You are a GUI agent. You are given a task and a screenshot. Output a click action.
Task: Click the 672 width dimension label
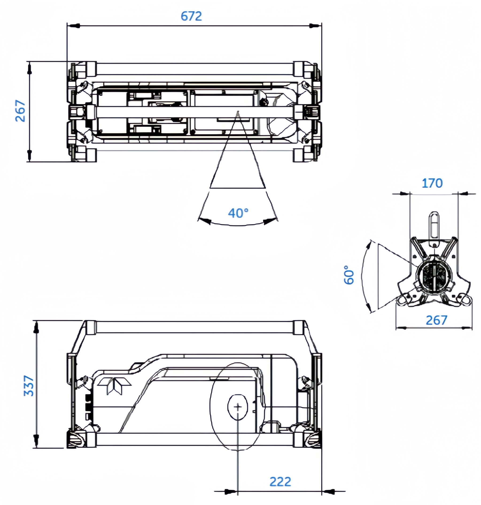tap(191, 16)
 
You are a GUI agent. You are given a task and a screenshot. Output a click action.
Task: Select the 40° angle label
tap(238, 213)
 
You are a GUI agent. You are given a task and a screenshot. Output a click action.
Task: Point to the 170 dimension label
tap(432, 183)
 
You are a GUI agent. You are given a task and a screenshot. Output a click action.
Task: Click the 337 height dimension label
tap(29, 386)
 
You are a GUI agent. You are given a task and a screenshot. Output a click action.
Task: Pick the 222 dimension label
tap(280, 482)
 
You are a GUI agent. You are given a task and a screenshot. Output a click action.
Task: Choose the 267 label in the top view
tap(20, 111)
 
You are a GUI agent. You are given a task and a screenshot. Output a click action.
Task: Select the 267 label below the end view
tap(436, 320)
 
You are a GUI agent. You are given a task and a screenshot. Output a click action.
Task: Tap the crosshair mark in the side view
tap(238, 407)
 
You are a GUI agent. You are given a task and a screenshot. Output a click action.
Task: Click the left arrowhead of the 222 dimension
tap(230, 492)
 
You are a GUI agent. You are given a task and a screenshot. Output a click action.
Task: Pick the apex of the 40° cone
tap(238, 111)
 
